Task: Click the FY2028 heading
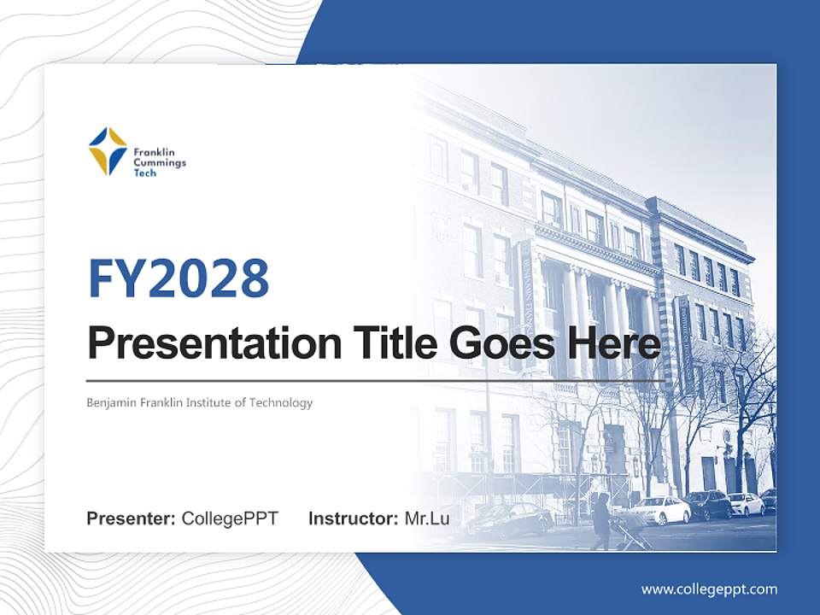179,278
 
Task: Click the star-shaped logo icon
108,151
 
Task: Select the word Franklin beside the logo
154,152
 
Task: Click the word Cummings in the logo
160,162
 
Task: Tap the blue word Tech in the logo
145,173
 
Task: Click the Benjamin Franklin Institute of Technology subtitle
200,402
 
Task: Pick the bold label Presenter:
131,518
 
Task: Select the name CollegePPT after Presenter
230,518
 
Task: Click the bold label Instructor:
354,518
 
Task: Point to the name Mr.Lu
427,518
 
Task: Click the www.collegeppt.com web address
709,589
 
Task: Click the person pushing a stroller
601,521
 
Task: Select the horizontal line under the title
376,381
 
